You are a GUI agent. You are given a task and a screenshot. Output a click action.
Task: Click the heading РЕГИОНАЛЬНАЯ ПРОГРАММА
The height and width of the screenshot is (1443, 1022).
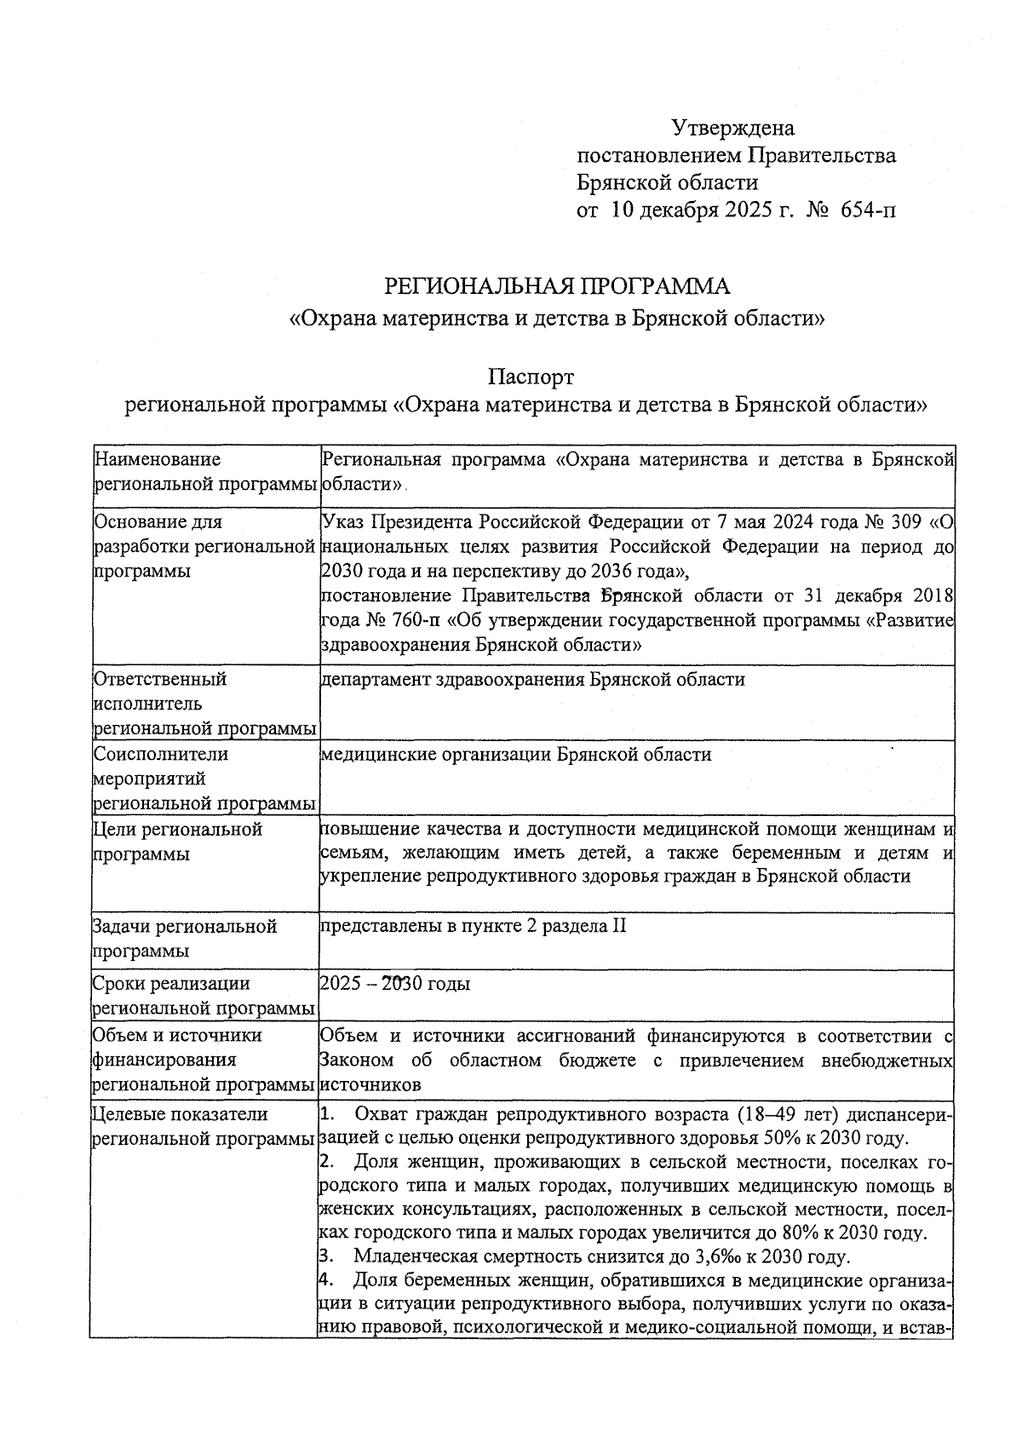[x=558, y=285]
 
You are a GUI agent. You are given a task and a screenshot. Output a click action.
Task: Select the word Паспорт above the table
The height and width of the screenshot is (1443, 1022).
[x=531, y=377]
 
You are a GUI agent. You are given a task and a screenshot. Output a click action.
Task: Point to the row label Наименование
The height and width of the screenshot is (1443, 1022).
[x=158, y=460]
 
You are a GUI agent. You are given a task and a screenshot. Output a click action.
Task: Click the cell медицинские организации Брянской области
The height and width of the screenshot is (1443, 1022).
[x=515, y=754]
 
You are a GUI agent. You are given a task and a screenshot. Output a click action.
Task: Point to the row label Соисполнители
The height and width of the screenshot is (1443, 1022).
[x=161, y=754]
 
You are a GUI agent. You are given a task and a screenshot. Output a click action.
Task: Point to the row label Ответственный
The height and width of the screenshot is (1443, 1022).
[x=159, y=679]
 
